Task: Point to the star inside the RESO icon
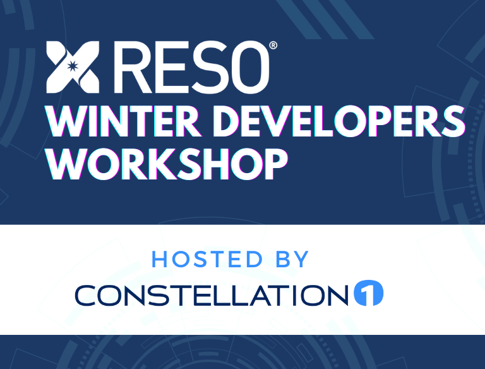click(72, 66)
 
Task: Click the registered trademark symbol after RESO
click(273, 45)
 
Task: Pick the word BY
click(293, 259)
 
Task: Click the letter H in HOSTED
click(160, 259)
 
